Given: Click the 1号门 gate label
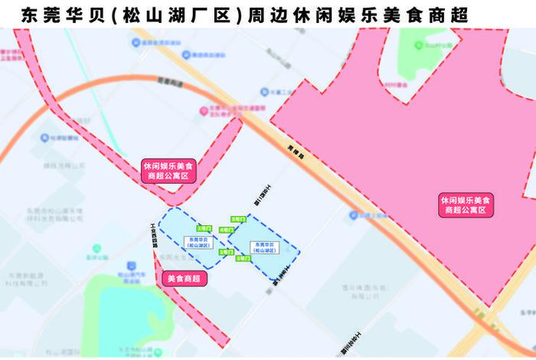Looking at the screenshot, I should click(x=203, y=228).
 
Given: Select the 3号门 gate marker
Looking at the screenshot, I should click(x=243, y=259).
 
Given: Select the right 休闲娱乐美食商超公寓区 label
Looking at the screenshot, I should click(x=466, y=204).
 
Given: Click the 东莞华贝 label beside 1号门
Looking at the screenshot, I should click(x=197, y=241).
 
